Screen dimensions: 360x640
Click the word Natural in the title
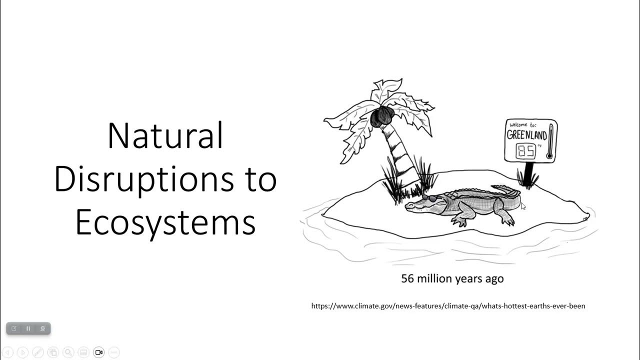click(x=165, y=136)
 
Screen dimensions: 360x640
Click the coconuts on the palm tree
click(x=382, y=116)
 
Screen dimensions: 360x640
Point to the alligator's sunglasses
click(x=428, y=198)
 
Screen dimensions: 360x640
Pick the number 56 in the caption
click(x=407, y=278)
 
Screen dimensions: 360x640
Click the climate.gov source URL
click(x=448, y=305)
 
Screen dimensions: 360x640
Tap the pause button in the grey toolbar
click(x=28, y=328)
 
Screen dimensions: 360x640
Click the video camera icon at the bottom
click(x=98, y=352)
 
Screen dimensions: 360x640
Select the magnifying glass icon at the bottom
click(x=68, y=352)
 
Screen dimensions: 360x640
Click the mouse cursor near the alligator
click(x=523, y=206)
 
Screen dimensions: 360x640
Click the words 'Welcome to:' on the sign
click(x=521, y=125)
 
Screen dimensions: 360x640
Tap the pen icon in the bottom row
click(x=37, y=352)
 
